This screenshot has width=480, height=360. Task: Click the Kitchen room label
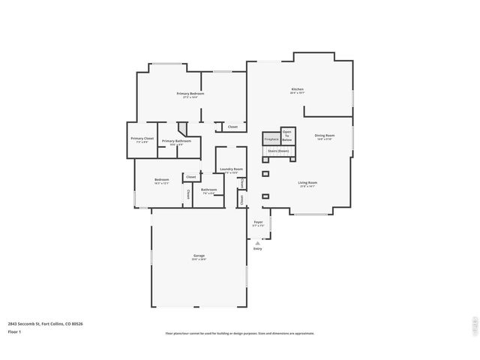pos(298,89)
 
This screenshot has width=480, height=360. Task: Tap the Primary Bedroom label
pos(190,94)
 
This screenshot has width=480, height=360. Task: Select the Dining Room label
pos(325,135)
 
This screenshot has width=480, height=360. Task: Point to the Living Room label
pos(308,182)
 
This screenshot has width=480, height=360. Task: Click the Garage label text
pos(199,256)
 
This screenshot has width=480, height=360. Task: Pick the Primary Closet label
pos(142,138)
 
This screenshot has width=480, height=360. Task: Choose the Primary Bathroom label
pos(177,140)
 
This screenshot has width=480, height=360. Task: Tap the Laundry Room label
pos(231,169)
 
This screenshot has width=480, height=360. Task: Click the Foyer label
pos(258,222)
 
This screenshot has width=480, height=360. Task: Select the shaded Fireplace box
pos(271,139)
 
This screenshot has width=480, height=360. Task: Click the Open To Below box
pos(287,136)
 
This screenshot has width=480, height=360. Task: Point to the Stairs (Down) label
pos(279,151)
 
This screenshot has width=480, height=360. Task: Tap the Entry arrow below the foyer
pos(258,242)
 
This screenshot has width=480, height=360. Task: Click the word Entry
pos(258,248)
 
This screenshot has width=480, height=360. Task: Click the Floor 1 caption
pos(14,331)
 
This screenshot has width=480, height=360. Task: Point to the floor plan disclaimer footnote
pos(240,334)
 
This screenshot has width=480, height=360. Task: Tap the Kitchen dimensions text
pos(298,93)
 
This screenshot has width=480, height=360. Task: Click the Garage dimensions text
pos(199,259)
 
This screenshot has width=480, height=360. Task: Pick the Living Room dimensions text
pos(308,186)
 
